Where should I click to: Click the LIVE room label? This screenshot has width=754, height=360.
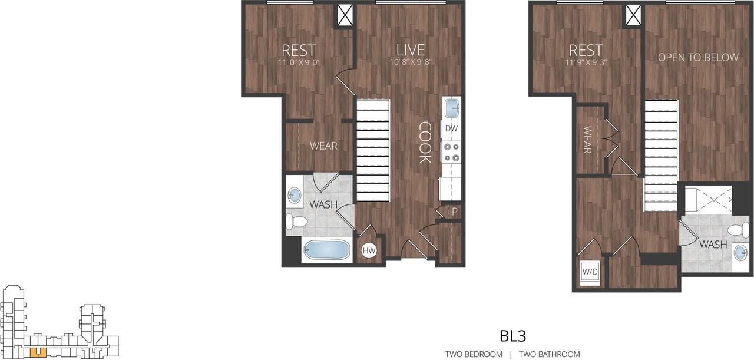[x=410, y=50]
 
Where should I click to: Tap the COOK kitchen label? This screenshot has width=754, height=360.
[x=425, y=143]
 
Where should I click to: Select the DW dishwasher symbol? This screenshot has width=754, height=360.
[x=451, y=128]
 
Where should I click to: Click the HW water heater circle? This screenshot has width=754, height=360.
[x=369, y=251]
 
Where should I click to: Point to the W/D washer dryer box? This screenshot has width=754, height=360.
[x=590, y=272]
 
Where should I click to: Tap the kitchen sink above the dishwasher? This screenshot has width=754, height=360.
[x=452, y=108]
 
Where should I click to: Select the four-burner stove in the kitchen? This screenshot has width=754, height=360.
[x=451, y=152]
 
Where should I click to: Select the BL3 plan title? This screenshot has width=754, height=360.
[x=512, y=336]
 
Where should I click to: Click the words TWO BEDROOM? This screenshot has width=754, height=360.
[x=474, y=354]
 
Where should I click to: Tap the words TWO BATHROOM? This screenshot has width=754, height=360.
[x=549, y=354]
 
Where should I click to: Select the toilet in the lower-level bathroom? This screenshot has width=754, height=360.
[x=296, y=222]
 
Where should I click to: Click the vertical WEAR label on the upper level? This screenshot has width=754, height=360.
[x=587, y=140]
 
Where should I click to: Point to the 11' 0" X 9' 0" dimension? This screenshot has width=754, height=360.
[x=299, y=61]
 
